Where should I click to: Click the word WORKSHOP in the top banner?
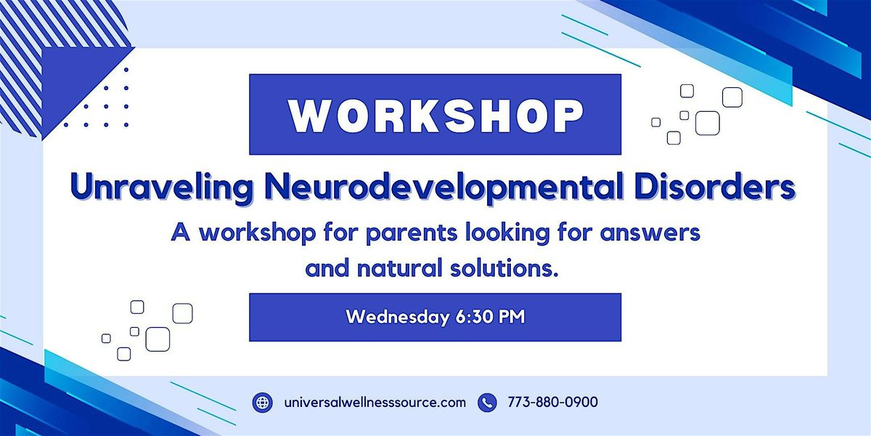(436, 116)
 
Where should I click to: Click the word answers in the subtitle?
(650, 233)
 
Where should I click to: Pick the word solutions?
(504, 269)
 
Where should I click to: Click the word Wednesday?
(398, 317)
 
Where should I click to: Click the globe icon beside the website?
(263, 402)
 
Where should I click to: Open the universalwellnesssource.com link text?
(375, 402)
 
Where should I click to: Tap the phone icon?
(487, 402)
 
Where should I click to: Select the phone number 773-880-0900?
(552, 402)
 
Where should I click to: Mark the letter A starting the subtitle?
(181, 233)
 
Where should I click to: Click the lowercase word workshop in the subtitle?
(258, 233)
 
